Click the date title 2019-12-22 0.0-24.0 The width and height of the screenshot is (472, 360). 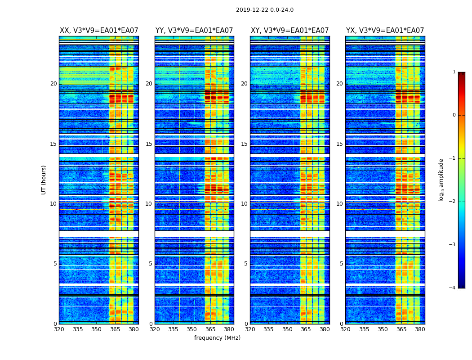[264, 10]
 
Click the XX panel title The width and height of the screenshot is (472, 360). [99, 31]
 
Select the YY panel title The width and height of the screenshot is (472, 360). [194, 31]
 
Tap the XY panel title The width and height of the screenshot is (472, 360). [289, 31]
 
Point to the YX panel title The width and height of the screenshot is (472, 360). [385, 31]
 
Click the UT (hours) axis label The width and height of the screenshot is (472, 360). [44, 180]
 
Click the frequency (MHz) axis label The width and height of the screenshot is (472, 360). [217, 338]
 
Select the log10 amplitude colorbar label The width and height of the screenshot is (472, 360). [441, 180]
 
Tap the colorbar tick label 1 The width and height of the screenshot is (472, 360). [454, 72]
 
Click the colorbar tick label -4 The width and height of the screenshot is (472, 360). [453, 288]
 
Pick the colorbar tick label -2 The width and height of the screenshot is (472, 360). [453, 202]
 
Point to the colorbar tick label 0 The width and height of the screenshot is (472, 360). [454, 115]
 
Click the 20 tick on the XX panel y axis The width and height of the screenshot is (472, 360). [53, 84]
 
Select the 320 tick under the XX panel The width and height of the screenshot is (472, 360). [59, 329]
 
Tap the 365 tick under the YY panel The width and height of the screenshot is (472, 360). [210, 329]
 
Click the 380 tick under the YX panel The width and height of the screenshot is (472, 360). [420, 329]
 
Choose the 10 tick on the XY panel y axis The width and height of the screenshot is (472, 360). [244, 204]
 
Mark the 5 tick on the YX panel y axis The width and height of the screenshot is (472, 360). [341, 264]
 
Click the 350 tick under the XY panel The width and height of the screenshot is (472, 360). [287, 329]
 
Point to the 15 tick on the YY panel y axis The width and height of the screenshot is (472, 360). [149, 144]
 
